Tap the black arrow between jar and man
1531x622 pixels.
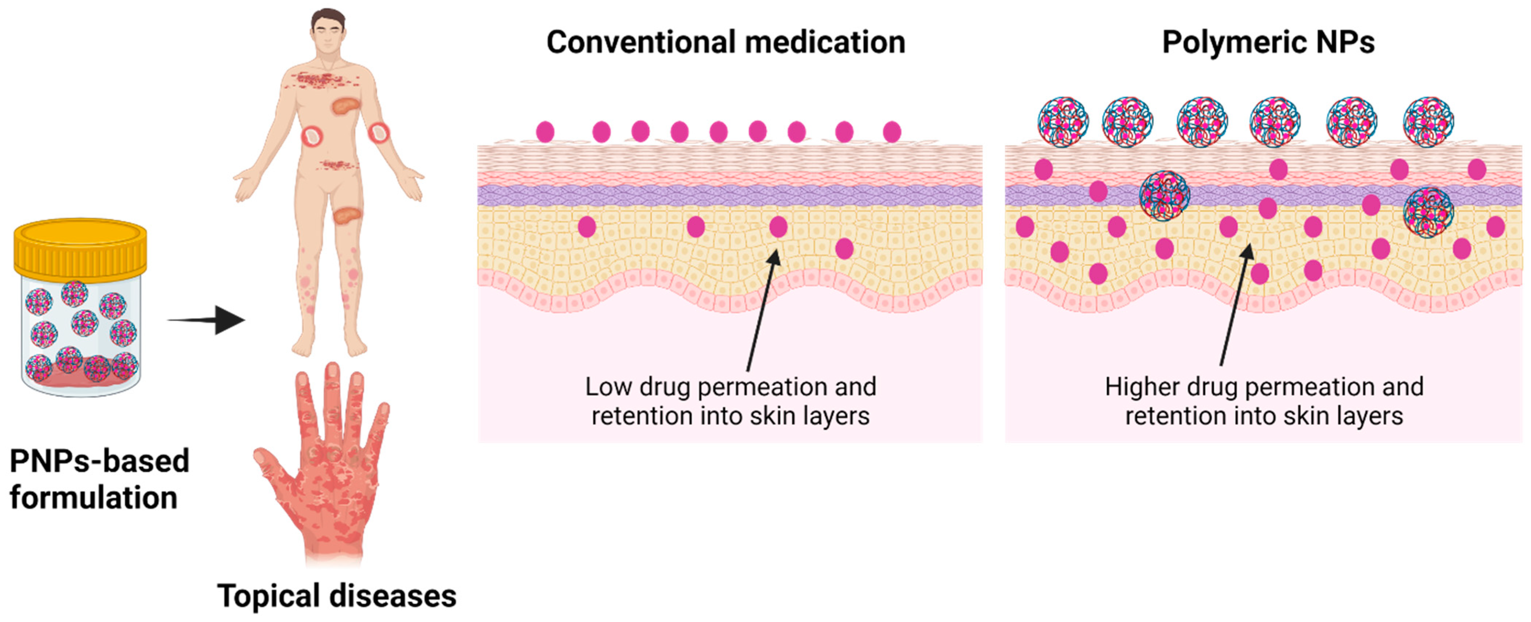pos(208,320)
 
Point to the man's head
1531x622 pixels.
pos(328,30)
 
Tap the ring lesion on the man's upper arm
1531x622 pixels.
pos(378,132)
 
